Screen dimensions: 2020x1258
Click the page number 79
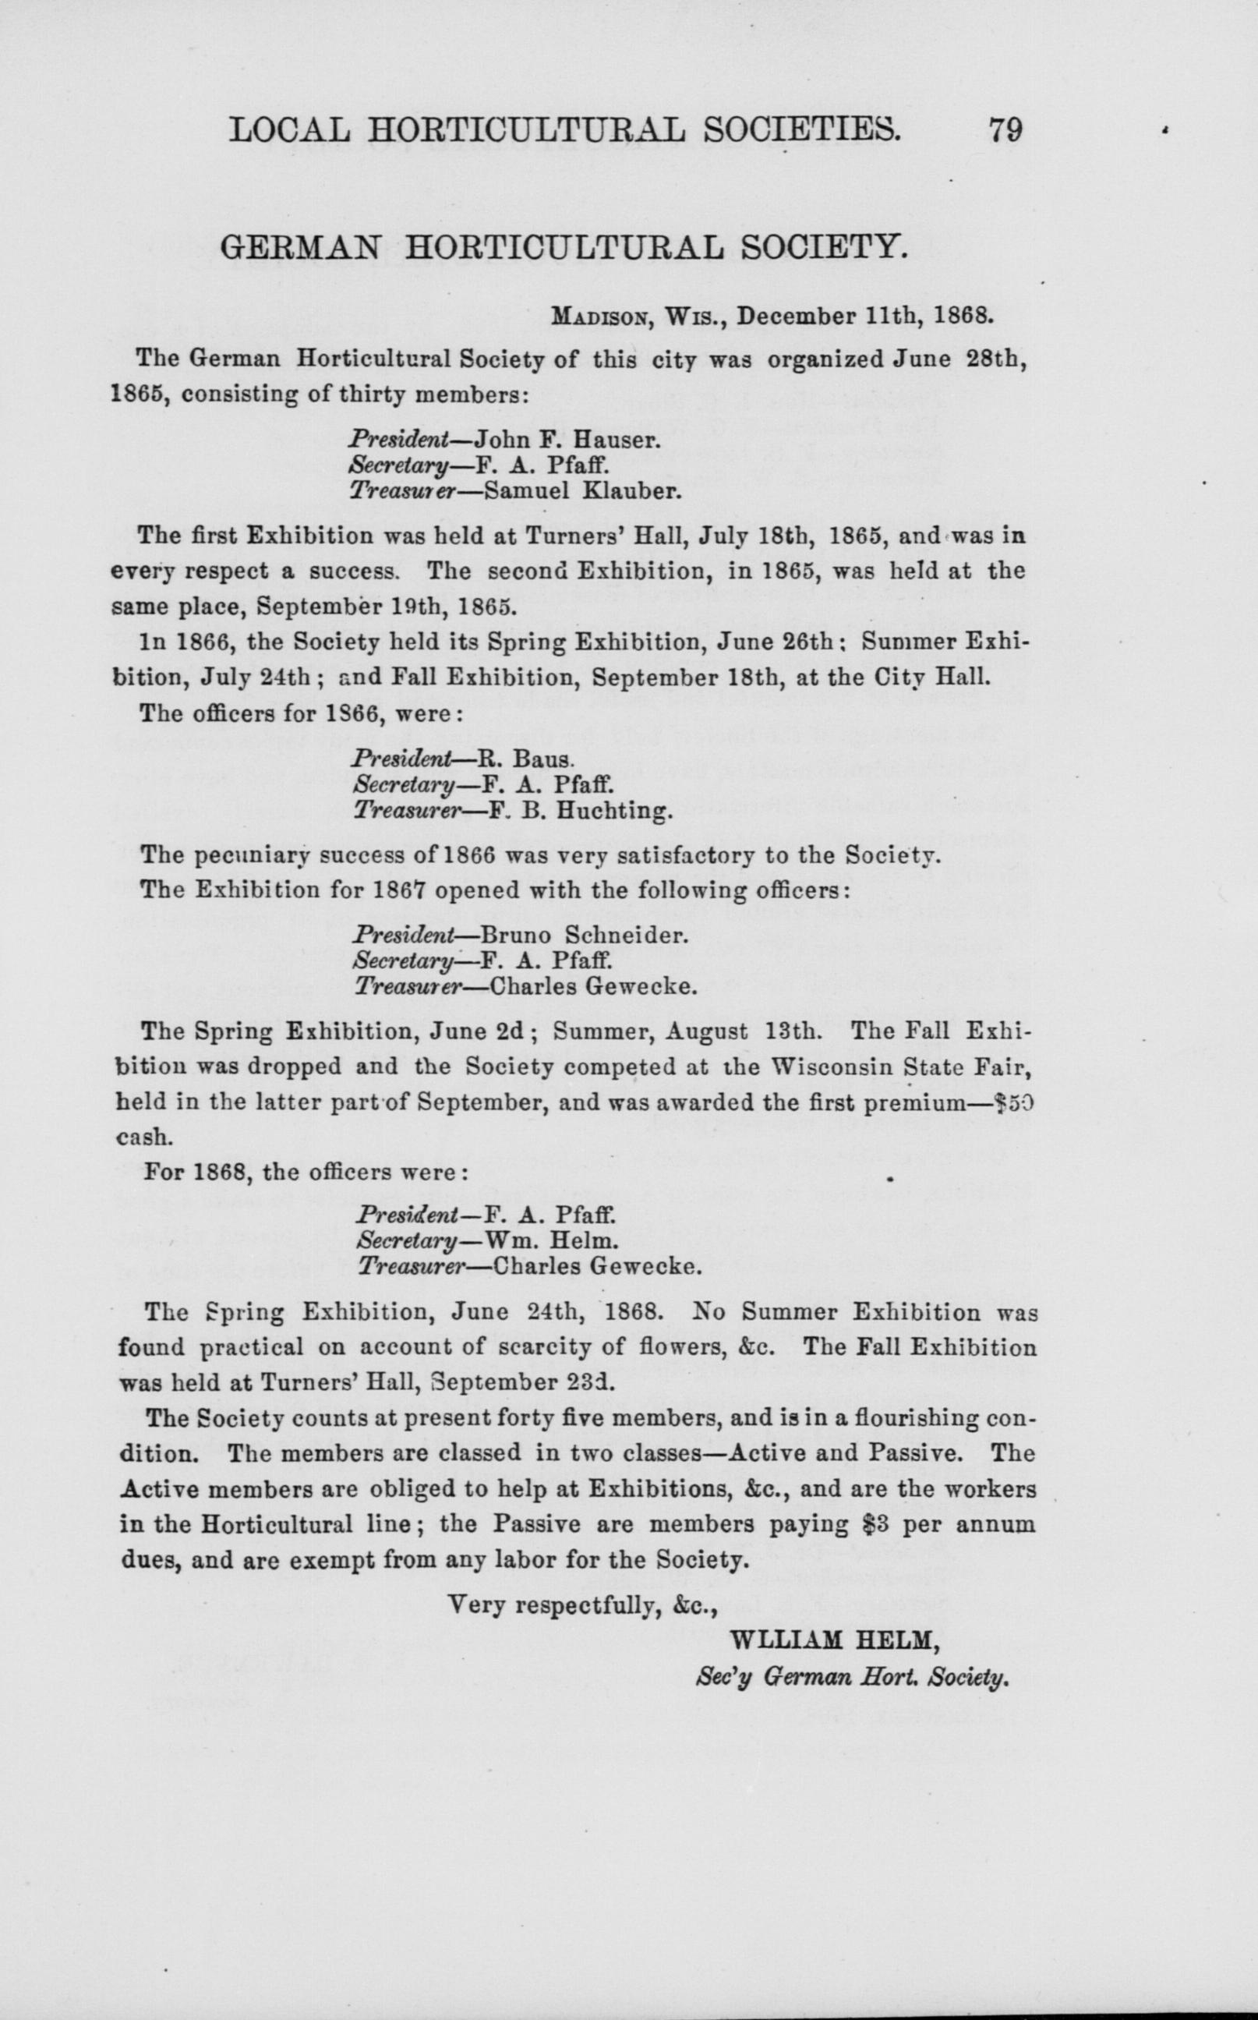click(x=1004, y=133)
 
